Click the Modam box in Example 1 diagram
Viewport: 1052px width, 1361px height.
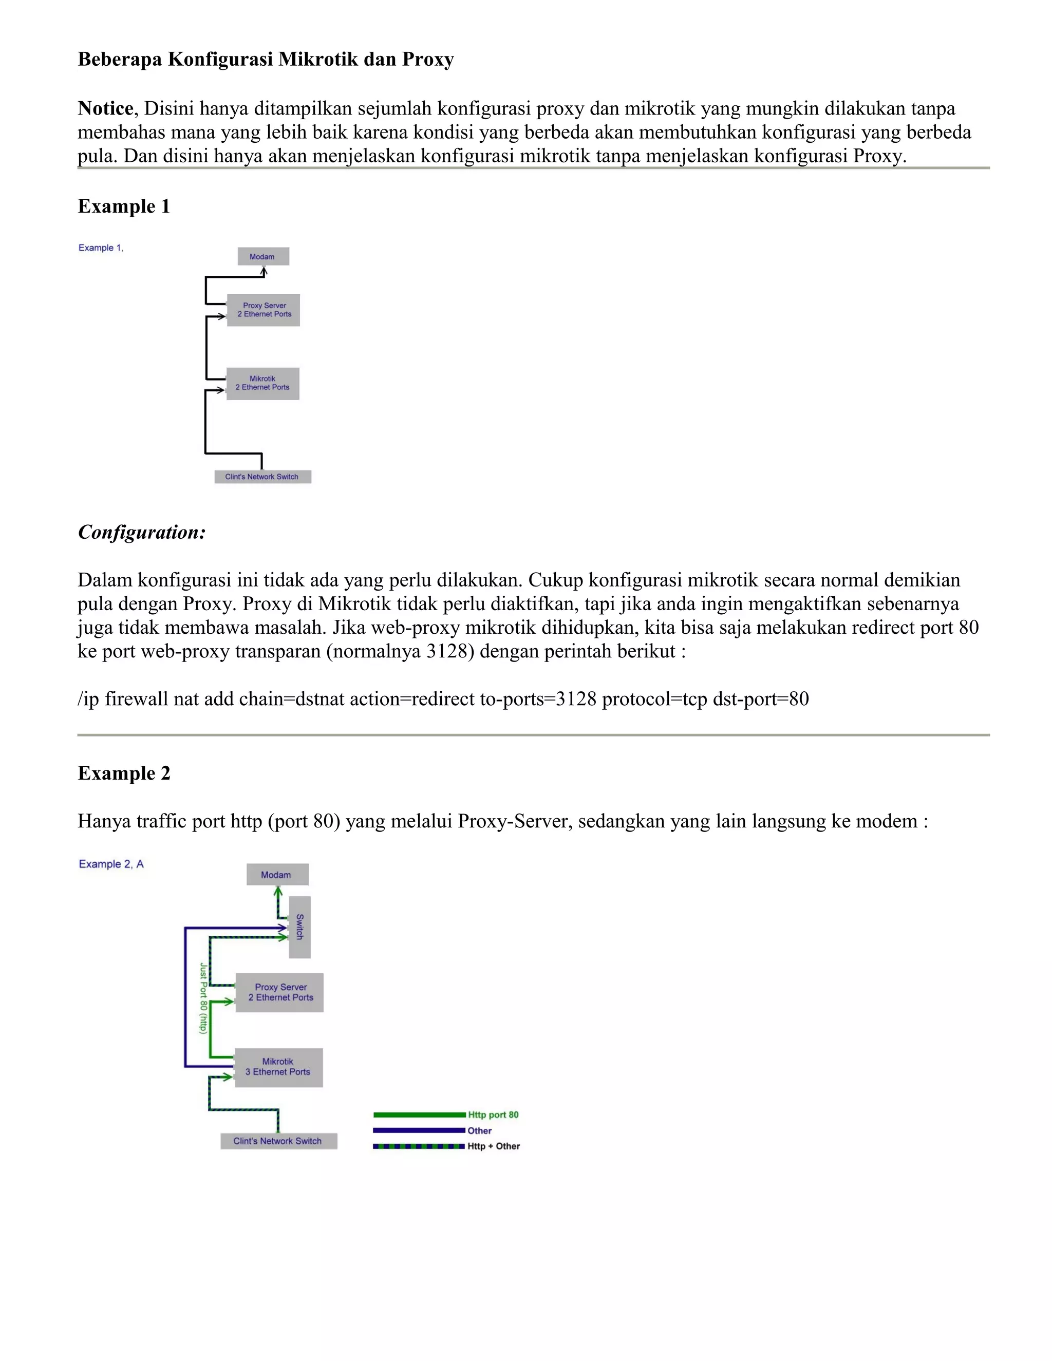click(263, 256)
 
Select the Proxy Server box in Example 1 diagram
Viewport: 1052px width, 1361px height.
click(264, 310)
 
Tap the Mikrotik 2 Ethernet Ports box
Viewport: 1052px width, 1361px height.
click(262, 383)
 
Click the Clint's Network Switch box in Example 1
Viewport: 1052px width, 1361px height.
click(262, 477)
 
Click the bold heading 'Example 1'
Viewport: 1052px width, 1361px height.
click(123, 206)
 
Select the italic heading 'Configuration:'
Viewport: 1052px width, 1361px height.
click(141, 532)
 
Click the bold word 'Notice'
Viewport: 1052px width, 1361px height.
click(105, 108)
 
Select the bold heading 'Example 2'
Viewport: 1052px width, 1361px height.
click(123, 773)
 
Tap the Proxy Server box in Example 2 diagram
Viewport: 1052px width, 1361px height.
click(280, 992)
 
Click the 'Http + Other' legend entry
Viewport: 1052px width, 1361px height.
click(494, 1146)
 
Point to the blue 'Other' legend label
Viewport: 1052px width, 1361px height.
click(479, 1130)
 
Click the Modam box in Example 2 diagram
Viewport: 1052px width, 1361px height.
click(277, 874)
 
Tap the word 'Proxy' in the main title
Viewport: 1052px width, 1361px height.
click(427, 59)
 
